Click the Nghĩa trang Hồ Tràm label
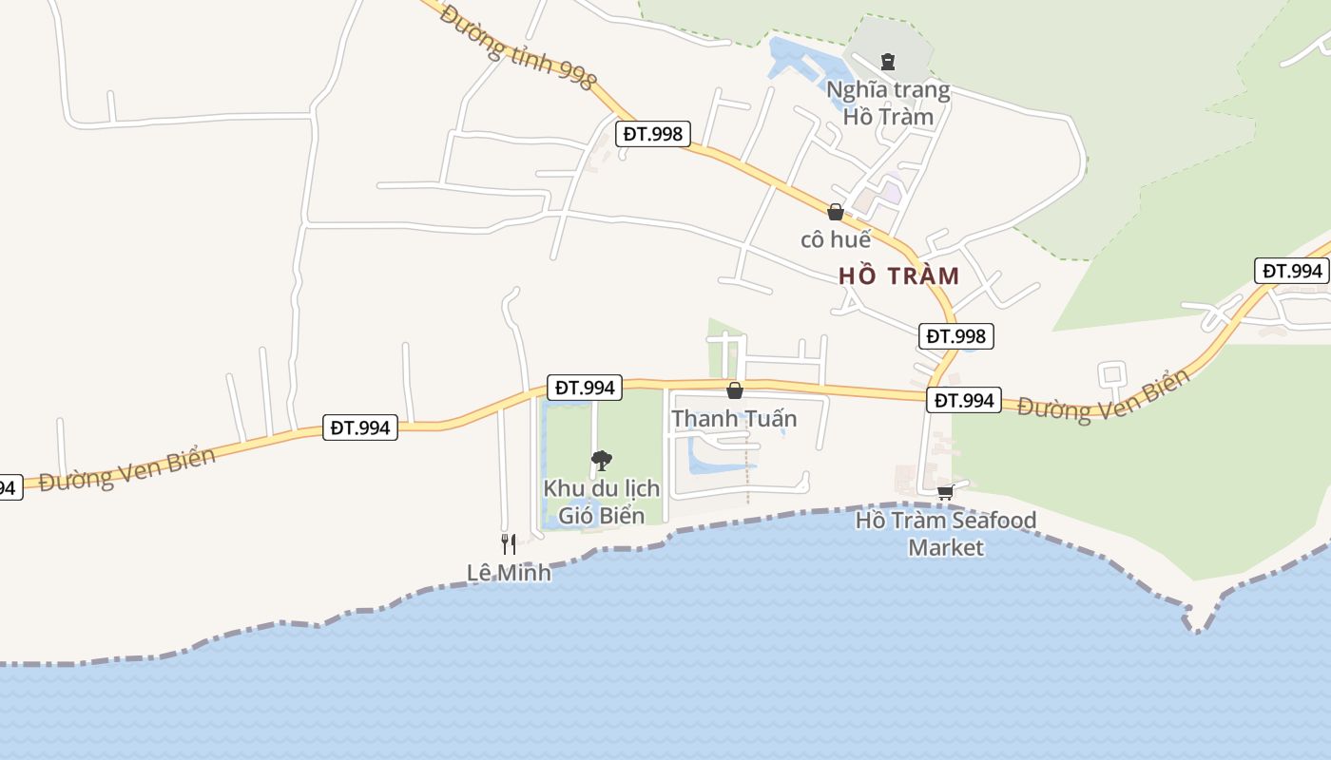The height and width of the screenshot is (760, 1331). coord(888,104)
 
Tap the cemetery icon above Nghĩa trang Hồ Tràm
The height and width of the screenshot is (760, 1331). coord(888,62)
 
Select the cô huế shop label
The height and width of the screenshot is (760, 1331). coord(836,239)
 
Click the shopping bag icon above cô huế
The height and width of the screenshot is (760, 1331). coord(836,212)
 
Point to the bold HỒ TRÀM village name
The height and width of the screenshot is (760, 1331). coord(899,276)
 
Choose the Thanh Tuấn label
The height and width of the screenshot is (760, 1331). coord(734,419)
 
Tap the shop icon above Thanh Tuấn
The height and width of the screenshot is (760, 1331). coord(734,390)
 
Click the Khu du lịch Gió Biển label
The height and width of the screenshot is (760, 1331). coord(601,502)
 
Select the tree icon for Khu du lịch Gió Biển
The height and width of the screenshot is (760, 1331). coord(601,462)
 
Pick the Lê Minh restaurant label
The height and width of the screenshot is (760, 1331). coord(509,573)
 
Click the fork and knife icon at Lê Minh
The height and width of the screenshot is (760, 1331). coord(509,543)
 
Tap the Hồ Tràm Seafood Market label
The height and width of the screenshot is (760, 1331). coord(946,534)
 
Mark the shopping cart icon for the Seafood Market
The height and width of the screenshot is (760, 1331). coord(945,492)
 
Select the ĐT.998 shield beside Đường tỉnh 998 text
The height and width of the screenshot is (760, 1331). coord(653,134)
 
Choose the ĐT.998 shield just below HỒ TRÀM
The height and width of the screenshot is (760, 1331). coord(956,336)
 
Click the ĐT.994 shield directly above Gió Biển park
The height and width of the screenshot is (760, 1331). coord(586,388)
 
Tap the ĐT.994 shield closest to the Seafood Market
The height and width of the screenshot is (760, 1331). coord(964,401)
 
